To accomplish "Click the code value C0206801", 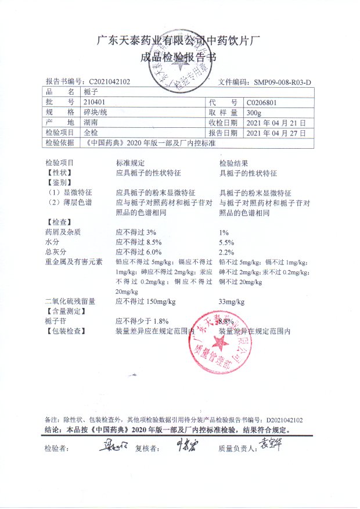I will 264,102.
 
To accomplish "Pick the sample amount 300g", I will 254,112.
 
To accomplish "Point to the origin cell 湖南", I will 91,123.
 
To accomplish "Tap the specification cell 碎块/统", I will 95,112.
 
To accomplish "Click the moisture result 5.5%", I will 226,242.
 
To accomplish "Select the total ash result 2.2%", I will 226,252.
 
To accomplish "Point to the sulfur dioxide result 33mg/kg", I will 231,302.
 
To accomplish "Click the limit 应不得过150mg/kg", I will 146,302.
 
